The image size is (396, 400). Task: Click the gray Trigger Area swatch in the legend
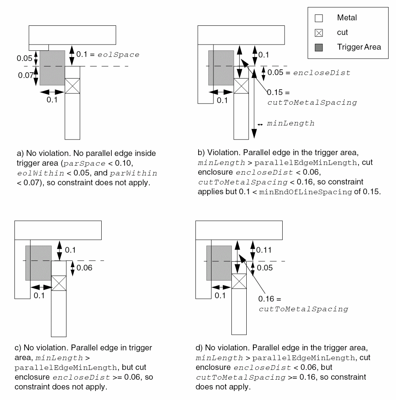[x=319, y=47]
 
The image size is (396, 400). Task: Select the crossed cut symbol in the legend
[x=319, y=33]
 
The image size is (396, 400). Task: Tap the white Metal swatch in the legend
[x=319, y=18]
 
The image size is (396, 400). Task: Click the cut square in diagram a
[x=72, y=86]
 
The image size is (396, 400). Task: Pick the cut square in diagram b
[x=241, y=86]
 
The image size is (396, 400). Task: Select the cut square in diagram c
[x=59, y=283]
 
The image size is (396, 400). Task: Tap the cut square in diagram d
[x=239, y=281]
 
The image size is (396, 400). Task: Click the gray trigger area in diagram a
[x=52, y=68]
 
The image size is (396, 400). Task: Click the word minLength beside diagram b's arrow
[x=290, y=124]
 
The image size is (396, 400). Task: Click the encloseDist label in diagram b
[x=321, y=73]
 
